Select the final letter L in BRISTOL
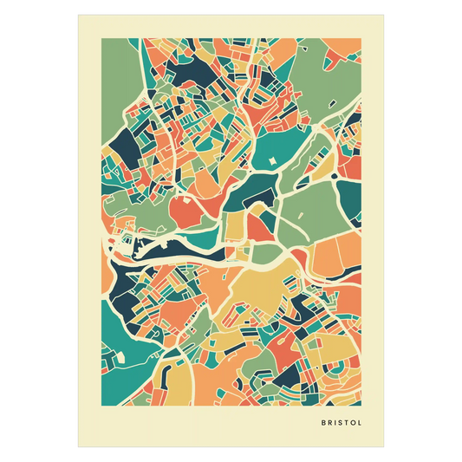359,424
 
